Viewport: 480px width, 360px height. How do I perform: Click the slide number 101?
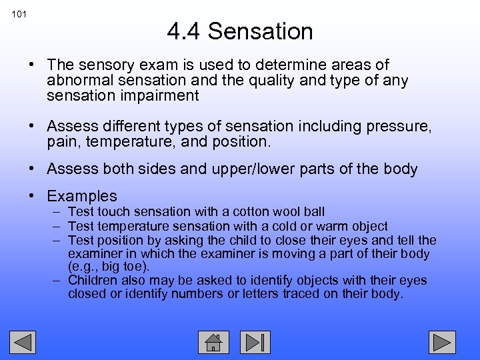pos(19,14)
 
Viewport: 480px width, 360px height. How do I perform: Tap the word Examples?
pos(82,197)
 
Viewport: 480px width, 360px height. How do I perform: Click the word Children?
pos(93,281)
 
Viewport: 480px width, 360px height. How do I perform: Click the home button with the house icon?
pos(213,342)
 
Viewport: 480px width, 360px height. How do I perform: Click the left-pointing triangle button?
pos(24,342)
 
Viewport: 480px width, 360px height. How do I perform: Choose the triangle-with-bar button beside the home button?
pos(255,342)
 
